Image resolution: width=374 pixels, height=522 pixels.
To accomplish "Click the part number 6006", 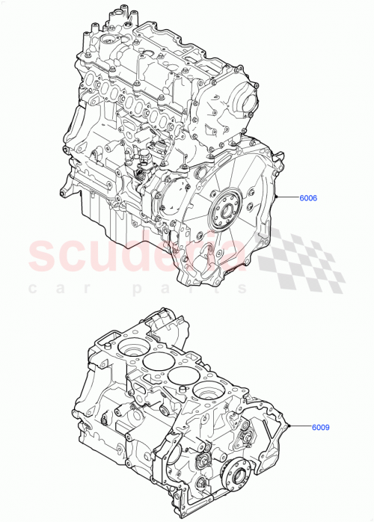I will [x=307, y=198].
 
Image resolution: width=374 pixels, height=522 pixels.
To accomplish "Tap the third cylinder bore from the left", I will [x=181, y=375].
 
